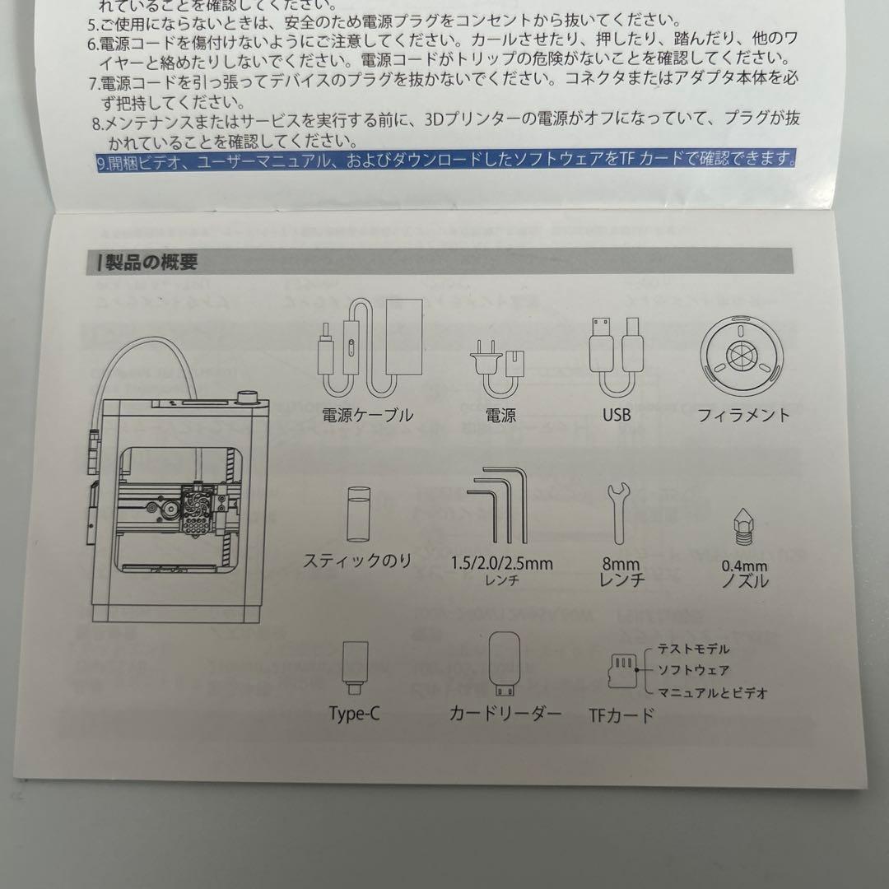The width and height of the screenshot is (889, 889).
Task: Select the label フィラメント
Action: (x=742, y=415)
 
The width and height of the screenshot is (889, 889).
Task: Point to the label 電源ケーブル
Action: (x=368, y=415)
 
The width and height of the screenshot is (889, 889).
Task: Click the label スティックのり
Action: (x=357, y=562)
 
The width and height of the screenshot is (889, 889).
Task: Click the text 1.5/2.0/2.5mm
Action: (x=502, y=564)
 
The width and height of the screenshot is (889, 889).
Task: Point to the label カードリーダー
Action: (x=505, y=713)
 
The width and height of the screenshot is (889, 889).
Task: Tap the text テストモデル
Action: (x=693, y=649)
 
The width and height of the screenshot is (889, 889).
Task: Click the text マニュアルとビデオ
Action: (x=711, y=693)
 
